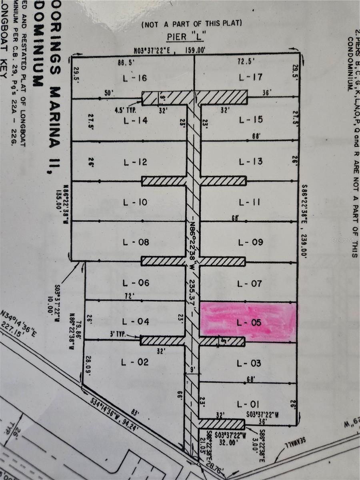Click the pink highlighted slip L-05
click(x=248, y=322)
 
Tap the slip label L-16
click(x=135, y=78)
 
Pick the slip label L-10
click(x=135, y=202)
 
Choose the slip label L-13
click(x=250, y=162)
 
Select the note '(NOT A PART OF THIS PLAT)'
click(x=192, y=24)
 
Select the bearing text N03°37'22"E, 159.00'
click(x=170, y=50)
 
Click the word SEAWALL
click(x=294, y=442)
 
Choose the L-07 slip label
click(x=250, y=284)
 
